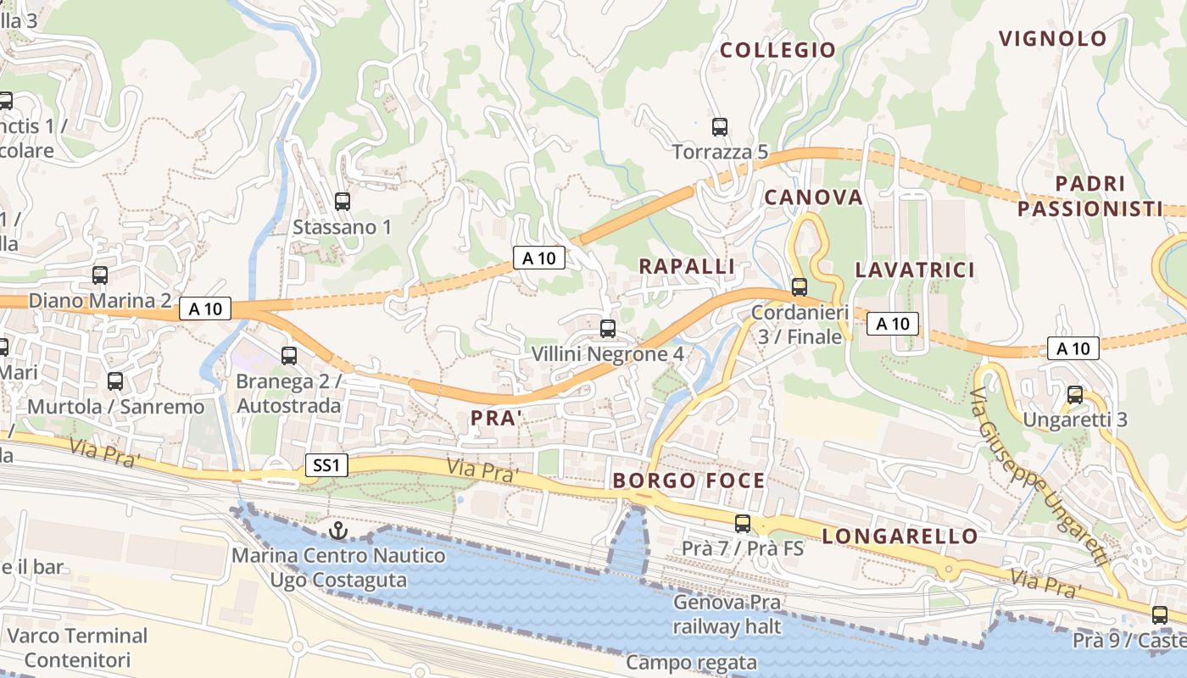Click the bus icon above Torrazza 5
pos(720,127)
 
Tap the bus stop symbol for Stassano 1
pos(343,202)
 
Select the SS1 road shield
pos(326,465)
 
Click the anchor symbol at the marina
pos(338,531)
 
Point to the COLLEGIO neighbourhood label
pos(777,50)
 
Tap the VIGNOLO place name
pos(1052,38)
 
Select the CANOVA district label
pos(813,197)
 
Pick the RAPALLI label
pos(686,266)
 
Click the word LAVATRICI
pos(915,270)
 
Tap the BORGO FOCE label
pos(688,481)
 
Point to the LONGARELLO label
pos(900,536)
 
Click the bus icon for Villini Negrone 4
pos(607,329)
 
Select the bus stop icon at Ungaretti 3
pos(1075,395)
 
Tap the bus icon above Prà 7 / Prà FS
pos(743,524)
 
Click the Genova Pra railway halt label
pos(727,614)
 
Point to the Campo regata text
pos(691,662)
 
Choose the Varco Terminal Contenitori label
pos(77,647)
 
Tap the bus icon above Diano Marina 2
pos(100,275)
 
